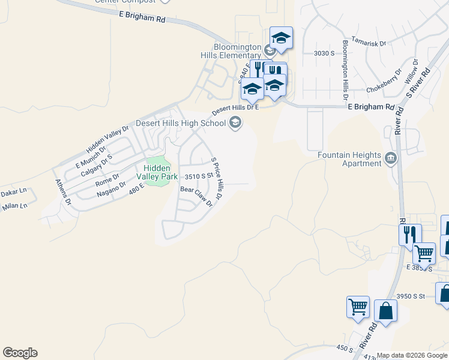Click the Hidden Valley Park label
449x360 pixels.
(x=157, y=173)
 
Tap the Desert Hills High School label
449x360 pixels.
(x=181, y=124)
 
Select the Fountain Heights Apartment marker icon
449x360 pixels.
(x=391, y=158)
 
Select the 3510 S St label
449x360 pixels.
(x=199, y=176)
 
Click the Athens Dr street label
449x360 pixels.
(x=63, y=193)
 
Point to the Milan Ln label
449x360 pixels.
(x=14, y=206)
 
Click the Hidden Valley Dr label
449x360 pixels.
(x=107, y=139)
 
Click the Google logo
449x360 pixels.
(x=20, y=353)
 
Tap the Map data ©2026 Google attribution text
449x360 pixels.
(x=412, y=355)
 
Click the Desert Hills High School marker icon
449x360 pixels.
(x=235, y=124)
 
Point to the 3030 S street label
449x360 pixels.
(x=324, y=53)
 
